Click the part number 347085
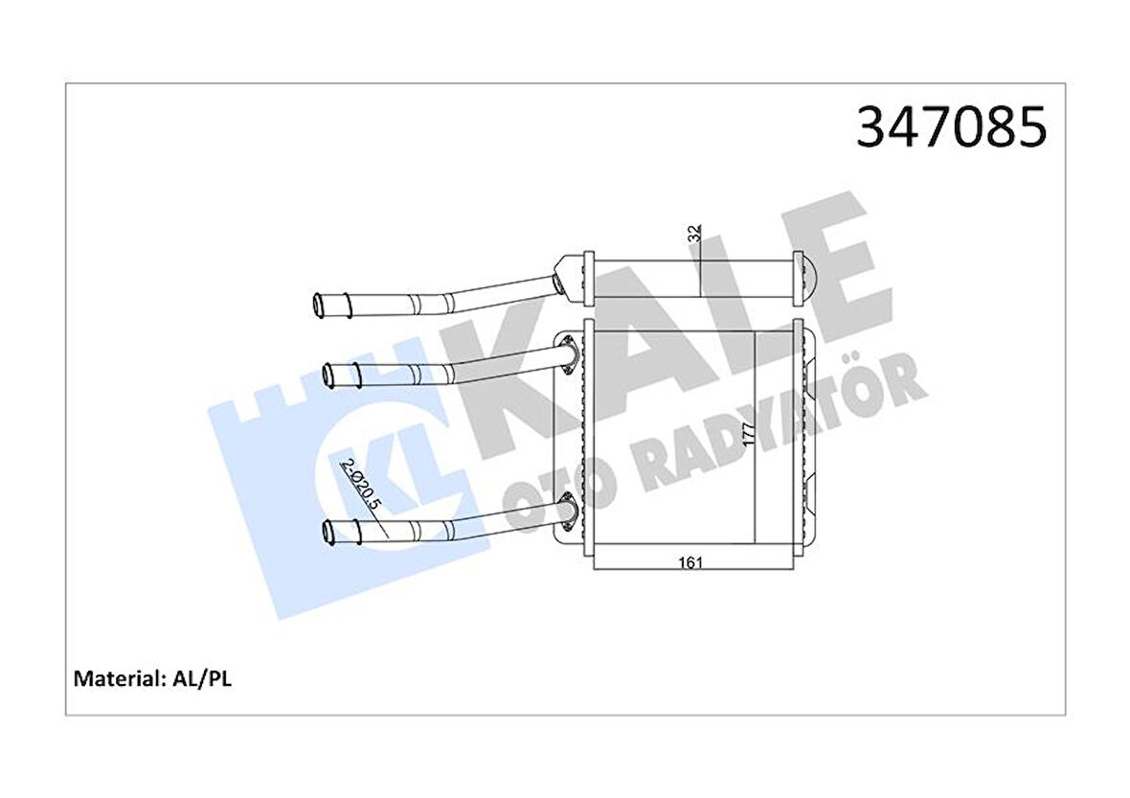(x=951, y=127)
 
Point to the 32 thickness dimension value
(x=696, y=233)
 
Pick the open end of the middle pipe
(x=329, y=375)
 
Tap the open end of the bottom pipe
(x=329, y=530)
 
